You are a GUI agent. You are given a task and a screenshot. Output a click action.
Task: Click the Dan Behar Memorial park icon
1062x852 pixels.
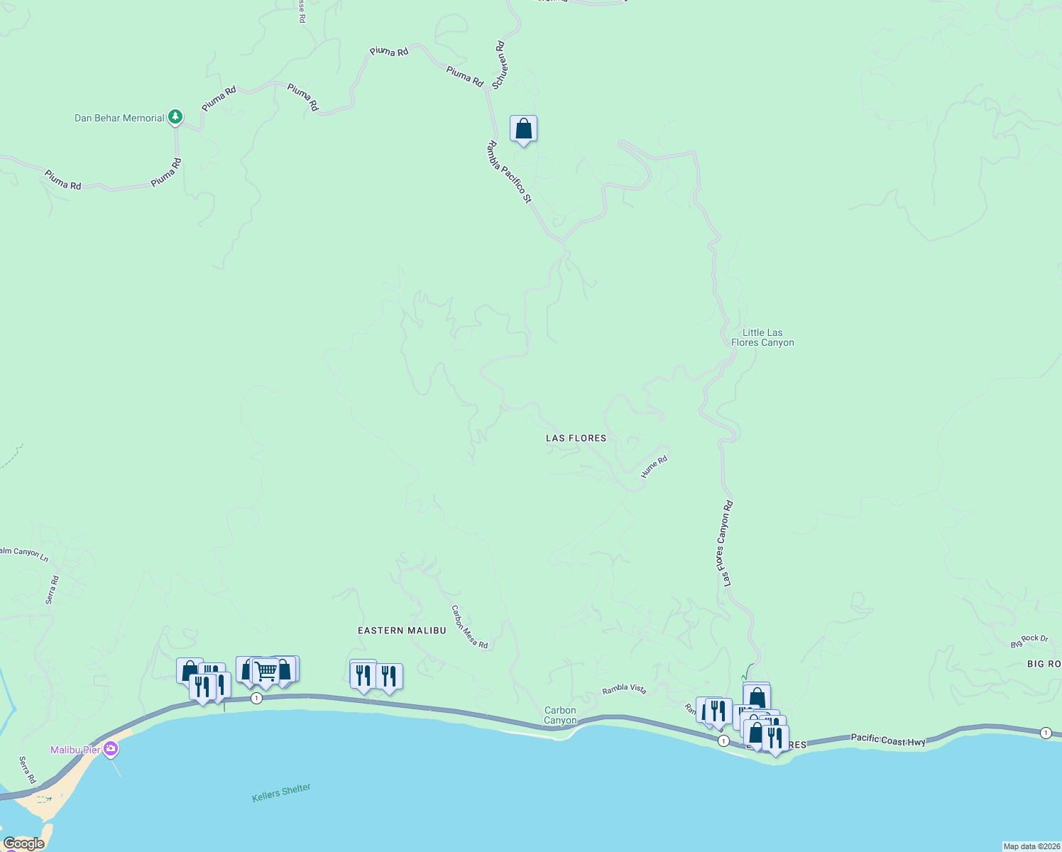point(175,117)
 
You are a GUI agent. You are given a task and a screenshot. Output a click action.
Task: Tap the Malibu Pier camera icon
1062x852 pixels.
point(111,749)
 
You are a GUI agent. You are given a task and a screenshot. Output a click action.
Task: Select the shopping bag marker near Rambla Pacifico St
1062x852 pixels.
point(523,129)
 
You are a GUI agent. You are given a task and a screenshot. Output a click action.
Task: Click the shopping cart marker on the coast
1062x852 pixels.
point(266,671)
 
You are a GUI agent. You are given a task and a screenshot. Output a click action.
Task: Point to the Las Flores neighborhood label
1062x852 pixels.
point(576,438)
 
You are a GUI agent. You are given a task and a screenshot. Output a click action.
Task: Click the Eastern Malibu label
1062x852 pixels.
point(402,630)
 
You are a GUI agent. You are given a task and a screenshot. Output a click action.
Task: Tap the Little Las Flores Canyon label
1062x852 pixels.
point(762,337)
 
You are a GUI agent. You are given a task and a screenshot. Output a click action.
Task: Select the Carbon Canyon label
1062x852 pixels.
point(560,715)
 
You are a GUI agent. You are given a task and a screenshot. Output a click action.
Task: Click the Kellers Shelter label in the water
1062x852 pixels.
point(281,792)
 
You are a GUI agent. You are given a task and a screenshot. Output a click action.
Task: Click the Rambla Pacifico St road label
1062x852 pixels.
point(509,171)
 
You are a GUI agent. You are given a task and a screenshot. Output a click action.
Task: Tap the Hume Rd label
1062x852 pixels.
point(654,466)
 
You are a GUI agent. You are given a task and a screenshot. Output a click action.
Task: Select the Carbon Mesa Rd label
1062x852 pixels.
point(469,626)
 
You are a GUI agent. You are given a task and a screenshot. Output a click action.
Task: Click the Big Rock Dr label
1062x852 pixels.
point(1029,641)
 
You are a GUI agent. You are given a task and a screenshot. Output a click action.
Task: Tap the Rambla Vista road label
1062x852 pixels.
point(624,689)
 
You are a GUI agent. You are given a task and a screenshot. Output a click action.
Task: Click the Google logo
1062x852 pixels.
point(24,843)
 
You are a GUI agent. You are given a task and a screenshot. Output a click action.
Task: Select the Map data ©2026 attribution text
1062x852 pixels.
point(1031,846)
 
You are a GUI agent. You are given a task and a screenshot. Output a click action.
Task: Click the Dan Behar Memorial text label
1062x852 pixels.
point(119,118)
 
